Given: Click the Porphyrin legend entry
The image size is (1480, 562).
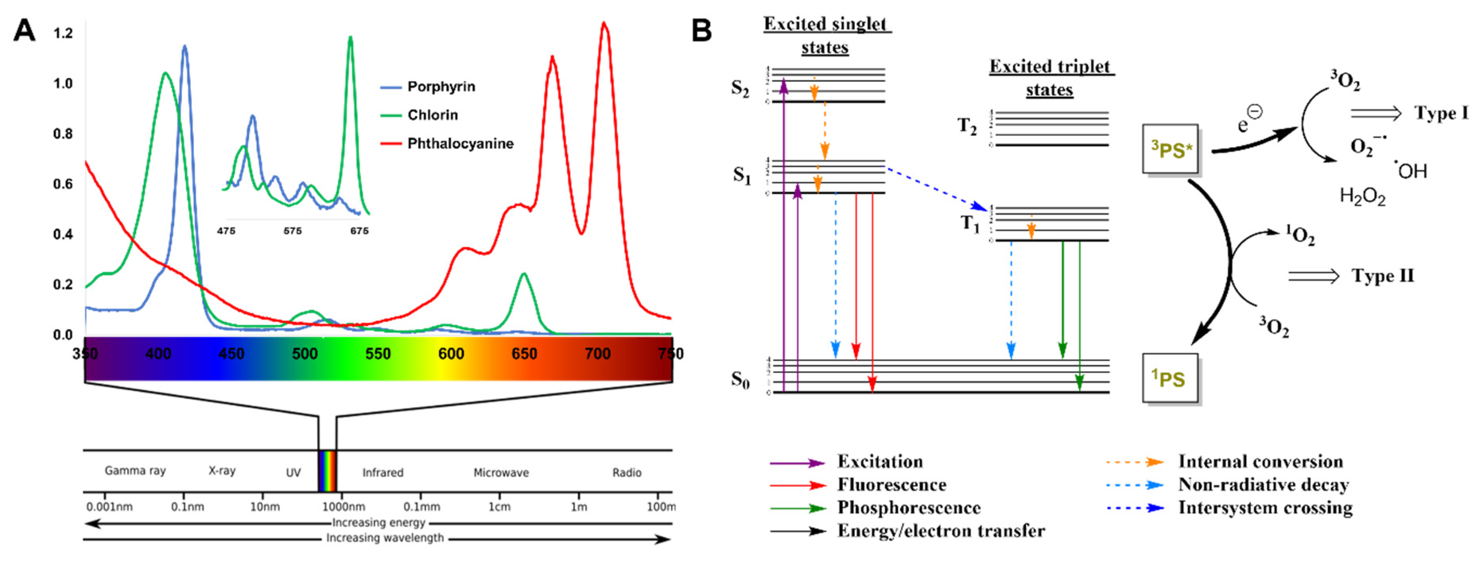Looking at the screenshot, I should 441,87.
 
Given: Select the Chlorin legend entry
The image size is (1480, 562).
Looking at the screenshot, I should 432,115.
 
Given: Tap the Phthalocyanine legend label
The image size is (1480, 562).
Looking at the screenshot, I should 460,143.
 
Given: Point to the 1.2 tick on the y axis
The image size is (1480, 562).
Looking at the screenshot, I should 63,33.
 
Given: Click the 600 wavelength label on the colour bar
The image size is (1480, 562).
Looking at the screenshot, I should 451,354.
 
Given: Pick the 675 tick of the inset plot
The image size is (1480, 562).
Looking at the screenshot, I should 359,231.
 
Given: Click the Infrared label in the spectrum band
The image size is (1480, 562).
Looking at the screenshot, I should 383,473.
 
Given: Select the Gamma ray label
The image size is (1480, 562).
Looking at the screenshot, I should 135,471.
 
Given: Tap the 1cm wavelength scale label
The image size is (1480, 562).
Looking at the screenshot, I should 499,507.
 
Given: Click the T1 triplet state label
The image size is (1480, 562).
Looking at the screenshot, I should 970,223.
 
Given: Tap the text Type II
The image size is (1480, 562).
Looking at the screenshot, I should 1382,276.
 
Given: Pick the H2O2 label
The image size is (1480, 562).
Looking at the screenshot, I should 1362,196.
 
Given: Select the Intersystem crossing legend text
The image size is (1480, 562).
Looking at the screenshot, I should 1265,508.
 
